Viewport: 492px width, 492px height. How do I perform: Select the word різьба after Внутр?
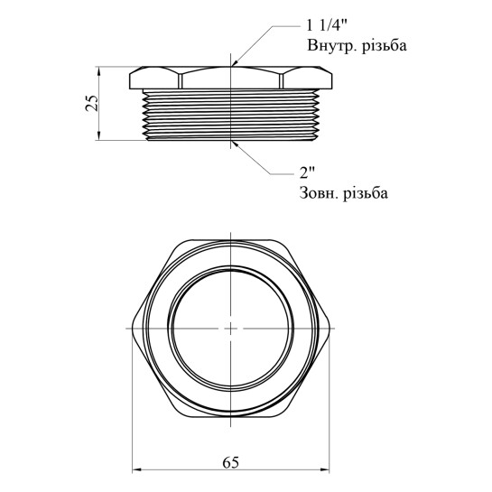[385, 46]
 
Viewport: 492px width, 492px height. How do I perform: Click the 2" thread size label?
[307, 172]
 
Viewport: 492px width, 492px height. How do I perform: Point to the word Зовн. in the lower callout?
[320, 193]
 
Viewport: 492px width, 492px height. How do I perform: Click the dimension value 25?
[92, 103]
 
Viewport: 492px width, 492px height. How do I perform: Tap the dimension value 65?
[230, 462]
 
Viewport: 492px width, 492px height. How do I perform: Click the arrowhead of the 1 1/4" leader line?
[235, 63]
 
